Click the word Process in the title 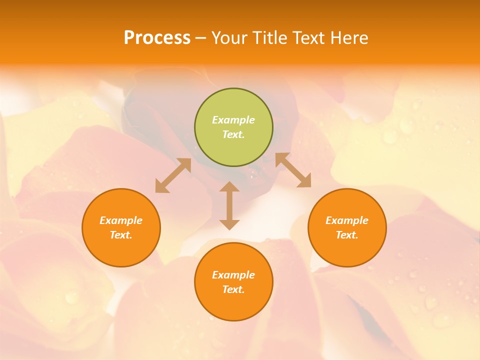[x=157, y=38]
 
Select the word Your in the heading [x=230, y=38]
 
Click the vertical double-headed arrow [x=229, y=205]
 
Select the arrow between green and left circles [x=173, y=175]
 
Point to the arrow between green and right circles [x=293, y=170]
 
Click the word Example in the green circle [x=233, y=120]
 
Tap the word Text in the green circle [x=233, y=134]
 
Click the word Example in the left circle [x=121, y=220]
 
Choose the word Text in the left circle [x=121, y=235]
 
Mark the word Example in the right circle [x=347, y=220]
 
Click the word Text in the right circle [x=347, y=235]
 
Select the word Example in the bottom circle [x=233, y=275]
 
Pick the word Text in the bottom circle [x=233, y=289]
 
